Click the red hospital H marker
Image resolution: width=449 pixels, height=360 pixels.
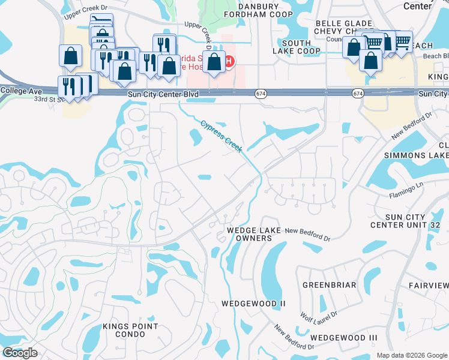[229, 61]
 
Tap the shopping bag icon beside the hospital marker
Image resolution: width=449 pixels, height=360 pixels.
[214, 62]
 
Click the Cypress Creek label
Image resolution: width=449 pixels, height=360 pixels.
[220, 137]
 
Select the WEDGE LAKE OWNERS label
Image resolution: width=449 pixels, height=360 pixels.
[249, 234]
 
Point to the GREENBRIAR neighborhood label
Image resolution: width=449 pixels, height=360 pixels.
[329, 285]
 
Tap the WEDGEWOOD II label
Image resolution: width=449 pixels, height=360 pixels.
[253, 304]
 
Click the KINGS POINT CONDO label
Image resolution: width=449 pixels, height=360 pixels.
[130, 330]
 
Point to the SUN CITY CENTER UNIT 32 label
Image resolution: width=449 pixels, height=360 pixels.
[405, 221]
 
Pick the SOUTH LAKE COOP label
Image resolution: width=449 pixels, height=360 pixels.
[297, 47]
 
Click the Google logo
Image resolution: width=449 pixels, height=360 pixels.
[20, 353]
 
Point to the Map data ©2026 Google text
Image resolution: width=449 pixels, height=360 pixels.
[411, 355]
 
